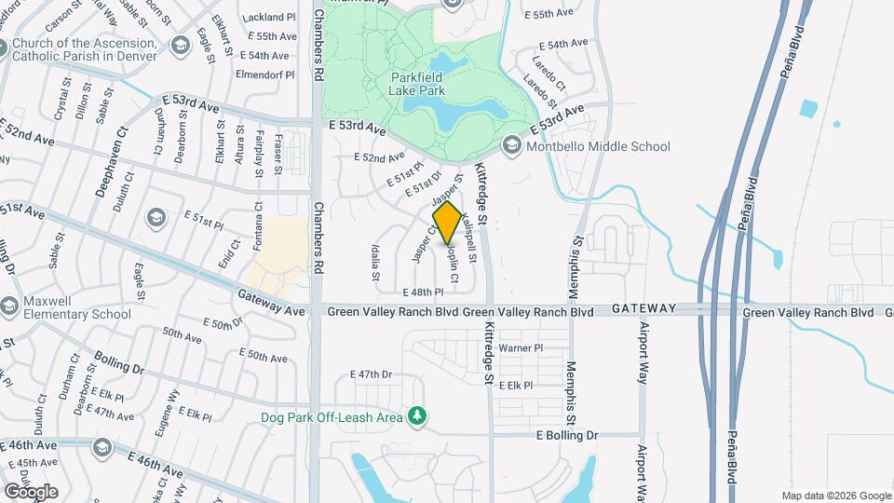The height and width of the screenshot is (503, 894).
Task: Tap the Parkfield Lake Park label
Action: point(416,84)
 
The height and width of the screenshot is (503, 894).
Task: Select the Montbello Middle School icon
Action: point(511,145)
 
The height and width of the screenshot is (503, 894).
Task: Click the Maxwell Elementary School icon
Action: point(10,306)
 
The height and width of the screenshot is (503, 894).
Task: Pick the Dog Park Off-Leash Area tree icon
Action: point(419,415)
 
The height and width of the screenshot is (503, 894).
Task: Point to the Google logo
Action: point(31,491)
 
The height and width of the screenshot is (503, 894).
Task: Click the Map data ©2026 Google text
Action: point(835,496)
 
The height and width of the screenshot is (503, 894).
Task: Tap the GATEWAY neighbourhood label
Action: point(643,308)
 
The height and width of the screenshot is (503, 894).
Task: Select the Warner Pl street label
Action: point(521,348)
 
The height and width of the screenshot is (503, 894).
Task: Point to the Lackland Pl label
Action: point(268,18)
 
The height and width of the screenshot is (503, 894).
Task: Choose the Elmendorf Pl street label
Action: point(265,74)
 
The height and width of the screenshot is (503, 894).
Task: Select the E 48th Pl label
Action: point(423,292)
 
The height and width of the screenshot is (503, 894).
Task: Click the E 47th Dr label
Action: point(372,374)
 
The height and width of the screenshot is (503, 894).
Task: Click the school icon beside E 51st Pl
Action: point(156,217)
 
